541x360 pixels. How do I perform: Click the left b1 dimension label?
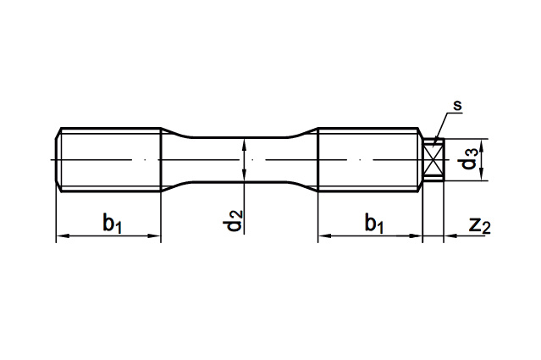(x=113, y=224)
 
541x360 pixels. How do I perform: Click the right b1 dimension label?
(x=374, y=224)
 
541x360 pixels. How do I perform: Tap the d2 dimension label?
(x=233, y=220)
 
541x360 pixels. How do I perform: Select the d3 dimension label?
(x=470, y=158)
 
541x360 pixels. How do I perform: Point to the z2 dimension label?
(x=479, y=225)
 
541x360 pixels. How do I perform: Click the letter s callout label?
(x=457, y=106)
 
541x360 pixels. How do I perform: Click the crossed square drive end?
(x=433, y=160)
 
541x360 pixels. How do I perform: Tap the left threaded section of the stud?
(x=108, y=160)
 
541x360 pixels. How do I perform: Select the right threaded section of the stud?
(x=369, y=160)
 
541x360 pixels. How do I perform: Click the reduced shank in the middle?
(x=240, y=160)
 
